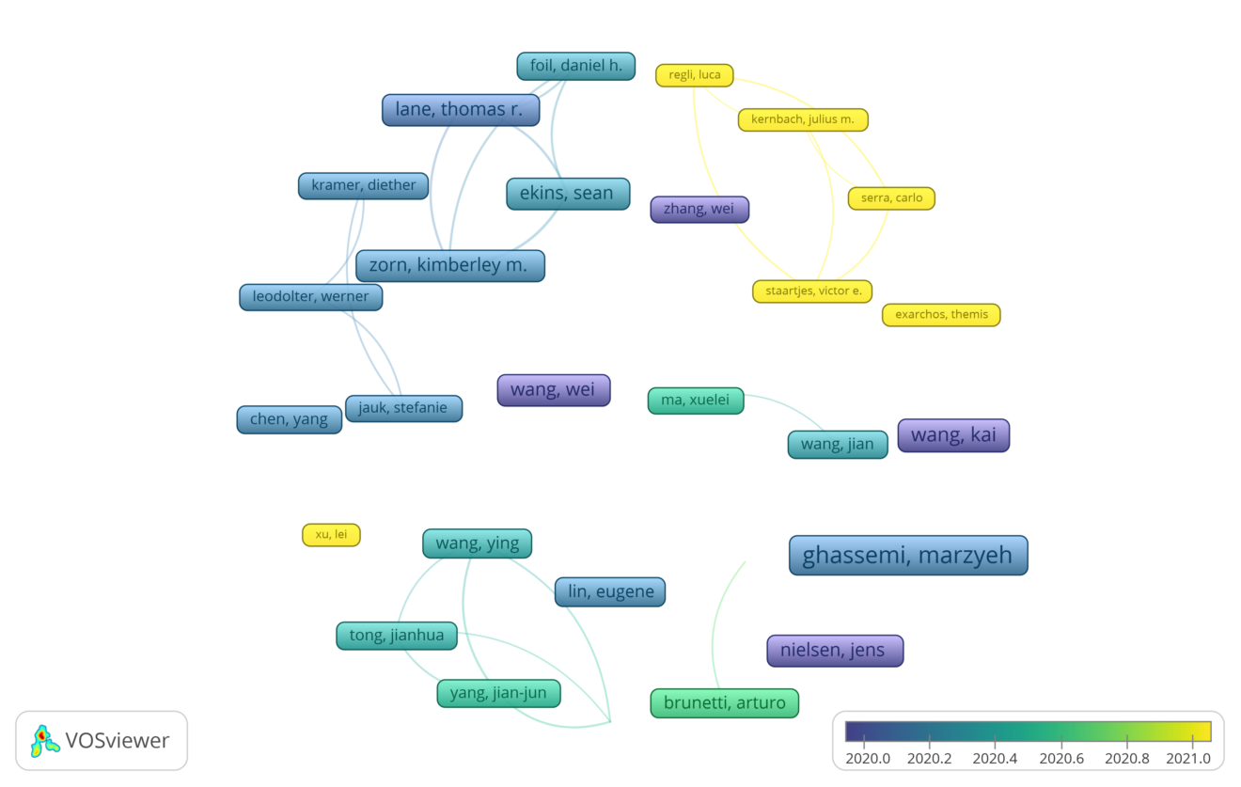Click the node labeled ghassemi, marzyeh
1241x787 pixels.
908,556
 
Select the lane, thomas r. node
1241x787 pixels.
461,110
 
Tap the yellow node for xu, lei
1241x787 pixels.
331,535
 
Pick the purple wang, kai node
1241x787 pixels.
953,435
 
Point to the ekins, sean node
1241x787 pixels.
568,194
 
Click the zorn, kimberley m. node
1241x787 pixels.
449,265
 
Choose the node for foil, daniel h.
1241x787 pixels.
576,66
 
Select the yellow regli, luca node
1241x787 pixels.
695,75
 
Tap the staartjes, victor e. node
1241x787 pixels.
812,291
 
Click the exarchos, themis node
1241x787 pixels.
941,315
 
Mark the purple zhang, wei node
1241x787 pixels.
699,210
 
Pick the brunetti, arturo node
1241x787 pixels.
725,703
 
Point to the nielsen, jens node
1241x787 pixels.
835,651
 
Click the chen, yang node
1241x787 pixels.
290,419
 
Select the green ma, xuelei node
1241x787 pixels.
696,401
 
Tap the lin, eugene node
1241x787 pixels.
610,592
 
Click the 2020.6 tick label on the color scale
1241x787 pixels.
1060,759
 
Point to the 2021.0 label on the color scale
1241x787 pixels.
1187,759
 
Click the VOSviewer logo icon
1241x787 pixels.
45,741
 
